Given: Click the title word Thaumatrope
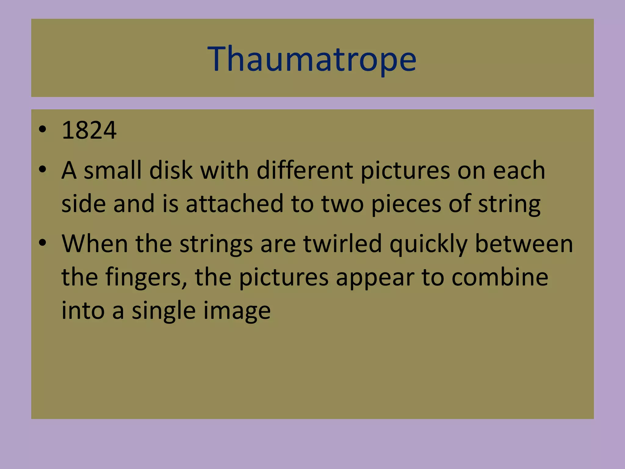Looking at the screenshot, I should [x=312, y=59].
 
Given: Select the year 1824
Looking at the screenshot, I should [x=89, y=130].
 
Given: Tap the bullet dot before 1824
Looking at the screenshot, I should [x=42, y=129].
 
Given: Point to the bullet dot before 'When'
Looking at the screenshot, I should [x=42, y=243].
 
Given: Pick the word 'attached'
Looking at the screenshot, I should [x=235, y=204].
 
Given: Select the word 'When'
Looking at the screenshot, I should [x=95, y=244].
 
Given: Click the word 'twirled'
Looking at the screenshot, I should [x=342, y=244].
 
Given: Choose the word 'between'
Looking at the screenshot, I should [x=524, y=244].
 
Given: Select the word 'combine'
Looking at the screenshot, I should [x=500, y=277].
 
